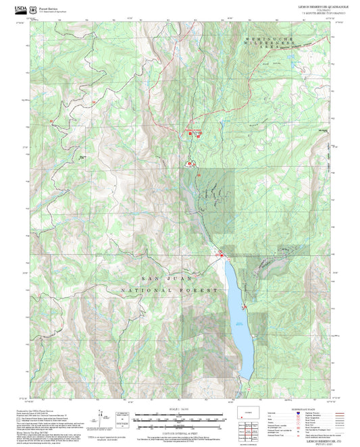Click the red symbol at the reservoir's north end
220,255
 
